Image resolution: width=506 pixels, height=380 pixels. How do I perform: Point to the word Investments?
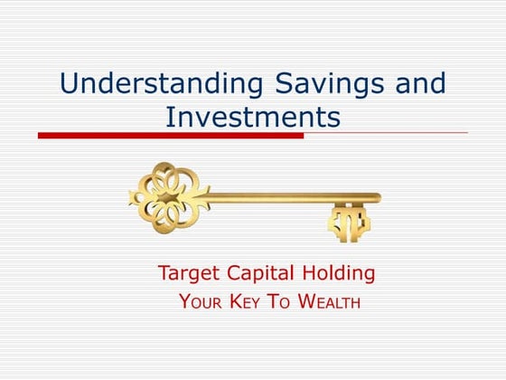pyautogui.click(x=253, y=117)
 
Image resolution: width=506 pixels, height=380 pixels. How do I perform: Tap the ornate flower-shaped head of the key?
pyautogui.click(x=168, y=195)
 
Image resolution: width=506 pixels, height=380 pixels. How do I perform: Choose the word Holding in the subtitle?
pyautogui.click(x=341, y=273)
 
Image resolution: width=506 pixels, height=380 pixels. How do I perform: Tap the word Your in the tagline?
pyautogui.click(x=201, y=301)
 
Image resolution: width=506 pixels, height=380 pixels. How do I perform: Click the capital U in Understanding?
pyautogui.click(x=70, y=84)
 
